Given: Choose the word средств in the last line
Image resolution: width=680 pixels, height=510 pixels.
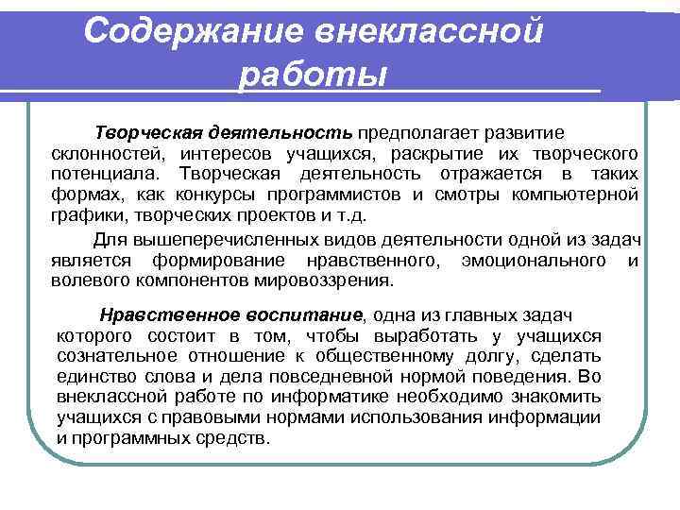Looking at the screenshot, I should point(236,438).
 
